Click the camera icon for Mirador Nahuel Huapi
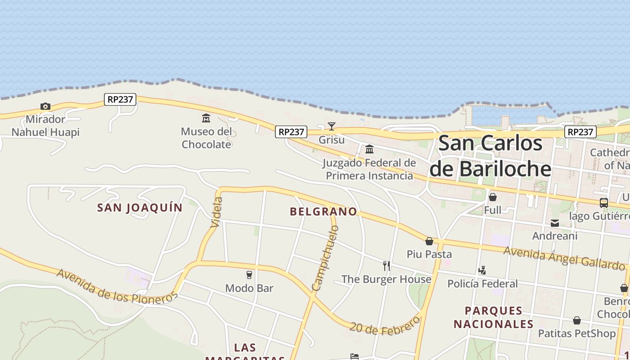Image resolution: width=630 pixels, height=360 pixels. coord(45,107)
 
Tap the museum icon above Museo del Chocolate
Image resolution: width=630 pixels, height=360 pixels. coord(206,118)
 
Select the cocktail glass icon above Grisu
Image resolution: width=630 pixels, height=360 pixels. coord(332,126)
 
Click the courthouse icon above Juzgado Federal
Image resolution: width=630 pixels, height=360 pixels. coord(369,149)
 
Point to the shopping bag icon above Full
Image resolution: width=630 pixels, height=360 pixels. coord(493,197)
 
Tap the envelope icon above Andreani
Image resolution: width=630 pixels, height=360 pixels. coord(555,223)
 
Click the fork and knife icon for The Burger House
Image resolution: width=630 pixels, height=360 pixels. coord(386,266)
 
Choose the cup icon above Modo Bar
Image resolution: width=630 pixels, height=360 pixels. coord(249,275)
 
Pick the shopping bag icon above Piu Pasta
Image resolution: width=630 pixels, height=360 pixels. coord(429,241)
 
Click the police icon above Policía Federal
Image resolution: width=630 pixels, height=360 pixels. coord(482,270)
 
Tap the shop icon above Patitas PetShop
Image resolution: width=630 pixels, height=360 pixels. coord(577,320)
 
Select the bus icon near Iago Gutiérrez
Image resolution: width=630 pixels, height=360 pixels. coord(604,203)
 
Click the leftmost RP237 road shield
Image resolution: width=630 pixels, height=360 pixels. coord(120,99)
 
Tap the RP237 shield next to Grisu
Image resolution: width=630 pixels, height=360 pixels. coord(291,132)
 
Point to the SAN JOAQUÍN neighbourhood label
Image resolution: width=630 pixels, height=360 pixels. coord(140,207)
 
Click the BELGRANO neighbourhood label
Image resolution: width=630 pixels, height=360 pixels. coord(324,211)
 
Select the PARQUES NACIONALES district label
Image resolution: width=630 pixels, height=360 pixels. coord(493,317)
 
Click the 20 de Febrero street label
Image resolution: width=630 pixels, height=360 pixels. coord(385,326)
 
